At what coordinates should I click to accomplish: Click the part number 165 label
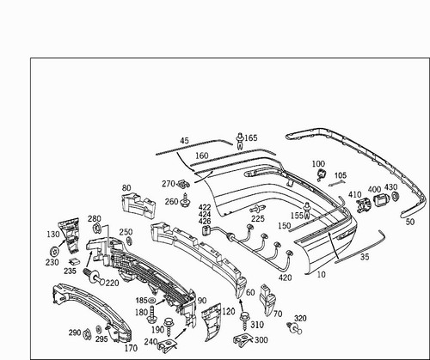[251, 138]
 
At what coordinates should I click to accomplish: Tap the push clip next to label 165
[240, 141]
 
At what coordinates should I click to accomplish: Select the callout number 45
[185, 141]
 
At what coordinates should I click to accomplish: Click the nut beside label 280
[97, 229]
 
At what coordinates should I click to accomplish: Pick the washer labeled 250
[129, 241]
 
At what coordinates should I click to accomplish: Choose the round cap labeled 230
[54, 252]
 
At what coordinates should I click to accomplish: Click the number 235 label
[70, 271]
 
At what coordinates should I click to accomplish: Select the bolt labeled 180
[151, 314]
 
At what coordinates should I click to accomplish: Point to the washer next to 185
[151, 301]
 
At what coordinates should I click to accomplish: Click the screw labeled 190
[168, 327]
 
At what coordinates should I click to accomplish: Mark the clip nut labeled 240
[167, 345]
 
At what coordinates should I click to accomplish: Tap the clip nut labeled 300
[243, 340]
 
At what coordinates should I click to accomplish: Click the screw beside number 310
[244, 321]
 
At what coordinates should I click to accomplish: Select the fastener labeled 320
[294, 328]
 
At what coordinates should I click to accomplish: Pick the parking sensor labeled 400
[381, 199]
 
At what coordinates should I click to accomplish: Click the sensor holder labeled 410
[364, 205]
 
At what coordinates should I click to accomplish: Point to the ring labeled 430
[396, 197]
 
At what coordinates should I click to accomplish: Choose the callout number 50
[410, 222]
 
